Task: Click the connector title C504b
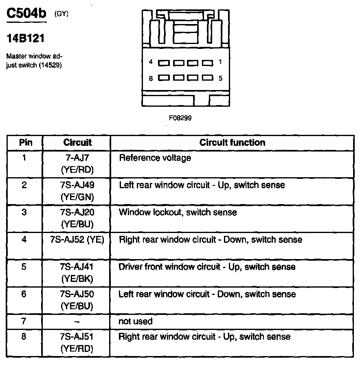pos(27,15)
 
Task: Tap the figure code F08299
pos(180,118)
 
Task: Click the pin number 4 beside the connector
pos(151,62)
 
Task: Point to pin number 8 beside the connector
pos(151,78)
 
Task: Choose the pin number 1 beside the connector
pos(220,62)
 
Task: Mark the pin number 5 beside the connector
pos(220,78)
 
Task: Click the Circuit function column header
pos(232,143)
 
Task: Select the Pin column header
pos(25,143)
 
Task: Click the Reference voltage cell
pos(155,158)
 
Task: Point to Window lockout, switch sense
pos(178,212)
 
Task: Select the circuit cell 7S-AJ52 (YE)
pos(77,240)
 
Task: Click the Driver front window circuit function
pos(207,267)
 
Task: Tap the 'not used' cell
pos(135,321)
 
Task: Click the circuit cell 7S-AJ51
pos(77,342)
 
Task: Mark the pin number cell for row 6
pos(24,294)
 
